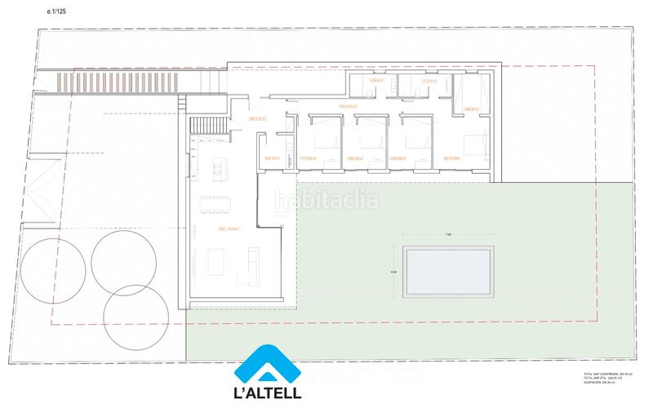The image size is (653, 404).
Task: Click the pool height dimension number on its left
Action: pyautogui.click(x=393, y=273)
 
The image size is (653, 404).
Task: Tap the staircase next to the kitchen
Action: pyautogui.click(x=211, y=127)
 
